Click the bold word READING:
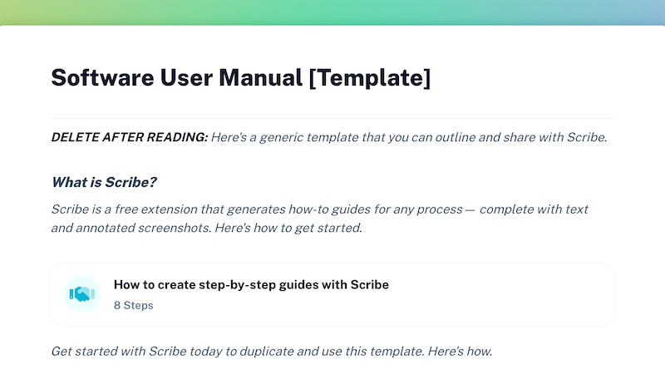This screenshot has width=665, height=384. [178, 137]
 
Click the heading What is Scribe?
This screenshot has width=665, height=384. [104, 182]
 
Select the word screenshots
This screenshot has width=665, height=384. [185, 227]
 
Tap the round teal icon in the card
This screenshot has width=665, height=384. [81, 294]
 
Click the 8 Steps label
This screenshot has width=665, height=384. [133, 305]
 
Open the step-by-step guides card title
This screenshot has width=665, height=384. [251, 284]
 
